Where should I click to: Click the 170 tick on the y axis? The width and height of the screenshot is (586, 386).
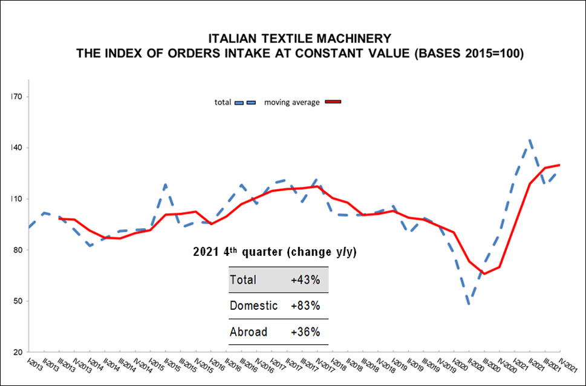[x=16, y=97]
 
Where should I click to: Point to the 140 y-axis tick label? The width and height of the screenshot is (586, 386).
[x=16, y=148]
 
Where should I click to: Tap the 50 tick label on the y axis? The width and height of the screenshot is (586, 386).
[x=17, y=301]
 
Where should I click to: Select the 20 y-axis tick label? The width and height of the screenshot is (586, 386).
[x=17, y=352]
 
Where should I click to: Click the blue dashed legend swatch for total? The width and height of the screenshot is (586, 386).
[x=246, y=102]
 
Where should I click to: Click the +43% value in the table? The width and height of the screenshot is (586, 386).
[x=305, y=280]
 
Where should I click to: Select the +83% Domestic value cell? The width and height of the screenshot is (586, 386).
[x=305, y=306]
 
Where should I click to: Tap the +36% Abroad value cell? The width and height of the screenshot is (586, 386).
[x=305, y=332]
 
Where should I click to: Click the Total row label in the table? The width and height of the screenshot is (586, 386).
[x=243, y=280]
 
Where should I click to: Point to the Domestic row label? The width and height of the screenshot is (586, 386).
[x=253, y=306]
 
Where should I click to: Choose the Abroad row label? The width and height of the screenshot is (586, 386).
[x=249, y=332]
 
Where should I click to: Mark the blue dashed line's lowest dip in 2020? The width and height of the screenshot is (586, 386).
[x=470, y=304]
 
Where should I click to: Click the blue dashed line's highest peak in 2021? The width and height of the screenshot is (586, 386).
[x=530, y=140]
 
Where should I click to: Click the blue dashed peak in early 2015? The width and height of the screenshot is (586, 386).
[x=165, y=184]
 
